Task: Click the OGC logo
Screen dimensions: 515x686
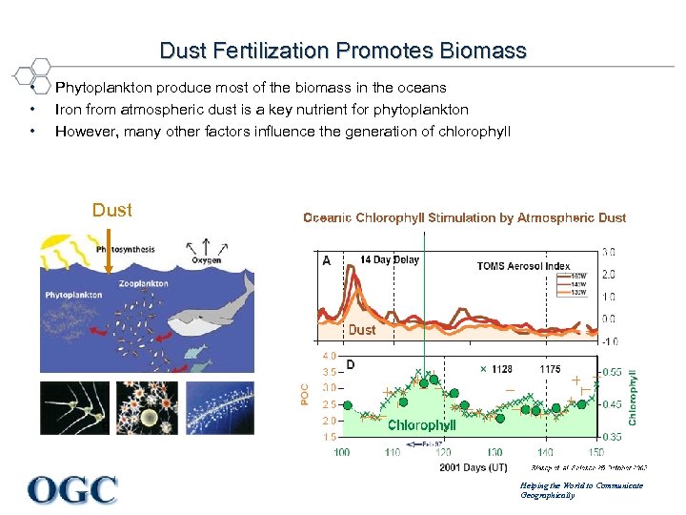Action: pos(73,488)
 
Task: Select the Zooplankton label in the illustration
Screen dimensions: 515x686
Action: pos(143,283)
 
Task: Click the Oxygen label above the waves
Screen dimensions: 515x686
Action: pos(206,259)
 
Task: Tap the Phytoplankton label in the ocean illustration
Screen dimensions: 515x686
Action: pos(73,295)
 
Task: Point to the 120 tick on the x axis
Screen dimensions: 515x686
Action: pos(443,451)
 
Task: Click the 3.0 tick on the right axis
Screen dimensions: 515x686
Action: pos(608,252)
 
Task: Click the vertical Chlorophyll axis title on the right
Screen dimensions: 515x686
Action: pos(634,398)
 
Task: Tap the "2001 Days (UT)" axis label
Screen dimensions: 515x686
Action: pos(474,467)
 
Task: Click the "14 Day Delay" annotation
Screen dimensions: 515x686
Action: pos(390,259)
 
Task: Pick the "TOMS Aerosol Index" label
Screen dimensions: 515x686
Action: pos(523,266)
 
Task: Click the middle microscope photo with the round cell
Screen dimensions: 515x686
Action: pos(147,408)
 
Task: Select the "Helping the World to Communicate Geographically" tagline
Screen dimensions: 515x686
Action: pos(581,490)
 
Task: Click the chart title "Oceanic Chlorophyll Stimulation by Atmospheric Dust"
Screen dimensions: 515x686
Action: pos(465,218)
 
